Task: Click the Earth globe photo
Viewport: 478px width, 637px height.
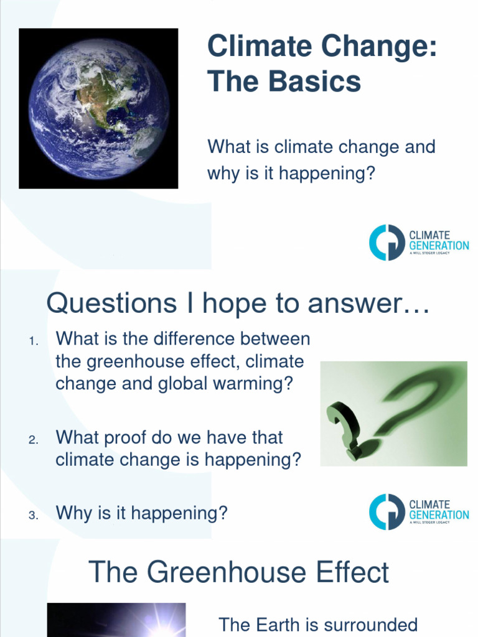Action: click(98, 108)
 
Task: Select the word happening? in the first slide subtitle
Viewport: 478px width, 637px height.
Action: click(328, 173)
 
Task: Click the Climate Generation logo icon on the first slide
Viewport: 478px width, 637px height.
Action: click(387, 242)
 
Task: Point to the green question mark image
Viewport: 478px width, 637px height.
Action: click(393, 413)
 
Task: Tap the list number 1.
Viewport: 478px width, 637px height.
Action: click(34, 341)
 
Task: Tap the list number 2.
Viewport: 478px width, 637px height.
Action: click(34, 440)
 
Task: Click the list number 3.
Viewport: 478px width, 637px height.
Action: click(34, 515)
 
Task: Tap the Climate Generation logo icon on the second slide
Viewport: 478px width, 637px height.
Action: click(387, 511)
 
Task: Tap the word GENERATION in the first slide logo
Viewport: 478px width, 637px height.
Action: click(439, 246)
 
